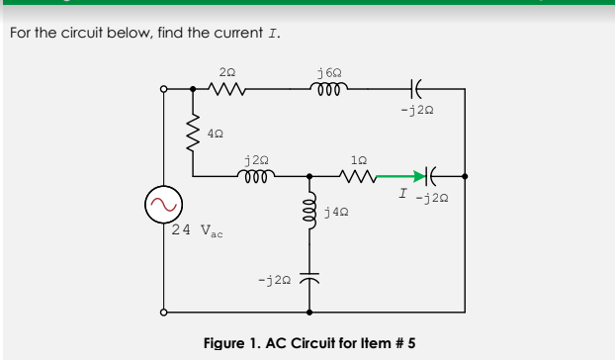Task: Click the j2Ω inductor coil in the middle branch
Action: tap(255, 176)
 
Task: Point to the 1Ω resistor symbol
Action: tap(359, 177)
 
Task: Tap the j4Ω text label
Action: tap(335, 212)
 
